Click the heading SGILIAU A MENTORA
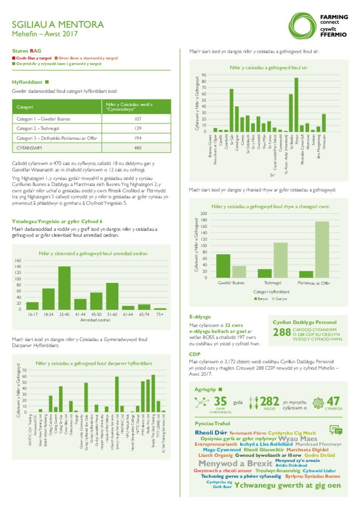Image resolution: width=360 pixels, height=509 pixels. [65, 24]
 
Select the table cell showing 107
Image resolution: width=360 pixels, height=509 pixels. [138, 119]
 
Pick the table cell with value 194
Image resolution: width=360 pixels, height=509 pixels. [138, 138]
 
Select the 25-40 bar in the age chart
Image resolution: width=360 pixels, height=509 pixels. [64, 288]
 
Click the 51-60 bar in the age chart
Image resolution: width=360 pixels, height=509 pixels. [112, 296]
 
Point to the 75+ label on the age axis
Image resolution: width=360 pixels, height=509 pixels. [160, 315]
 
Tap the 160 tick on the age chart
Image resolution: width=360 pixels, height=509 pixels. [19, 260]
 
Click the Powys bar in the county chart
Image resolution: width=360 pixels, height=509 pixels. [296, 104]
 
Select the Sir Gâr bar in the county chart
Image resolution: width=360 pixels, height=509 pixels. [231, 110]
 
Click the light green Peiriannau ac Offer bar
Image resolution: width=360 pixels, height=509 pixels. [322, 249]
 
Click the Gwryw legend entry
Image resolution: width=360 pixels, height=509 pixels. [279, 300]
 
